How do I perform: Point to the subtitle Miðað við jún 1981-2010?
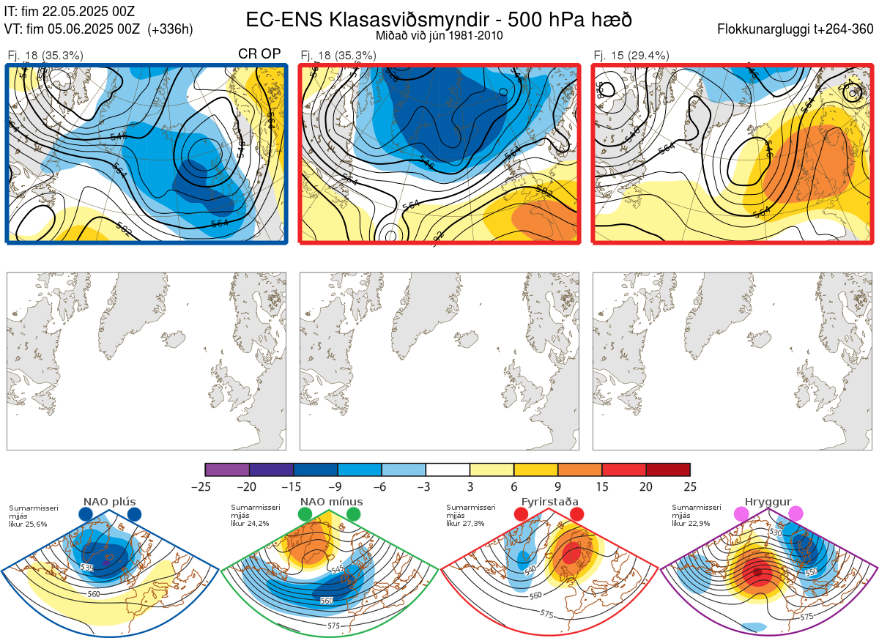click(439, 35)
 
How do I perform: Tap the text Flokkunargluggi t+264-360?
click(797, 29)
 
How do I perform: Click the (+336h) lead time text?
click(171, 29)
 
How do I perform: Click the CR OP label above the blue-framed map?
click(260, 55)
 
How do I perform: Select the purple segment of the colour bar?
click(227, 470)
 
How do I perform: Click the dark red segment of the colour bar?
click(668, 470)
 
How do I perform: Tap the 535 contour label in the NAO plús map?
click(88, 568)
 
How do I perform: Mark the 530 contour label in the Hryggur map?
click(779, 532)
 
